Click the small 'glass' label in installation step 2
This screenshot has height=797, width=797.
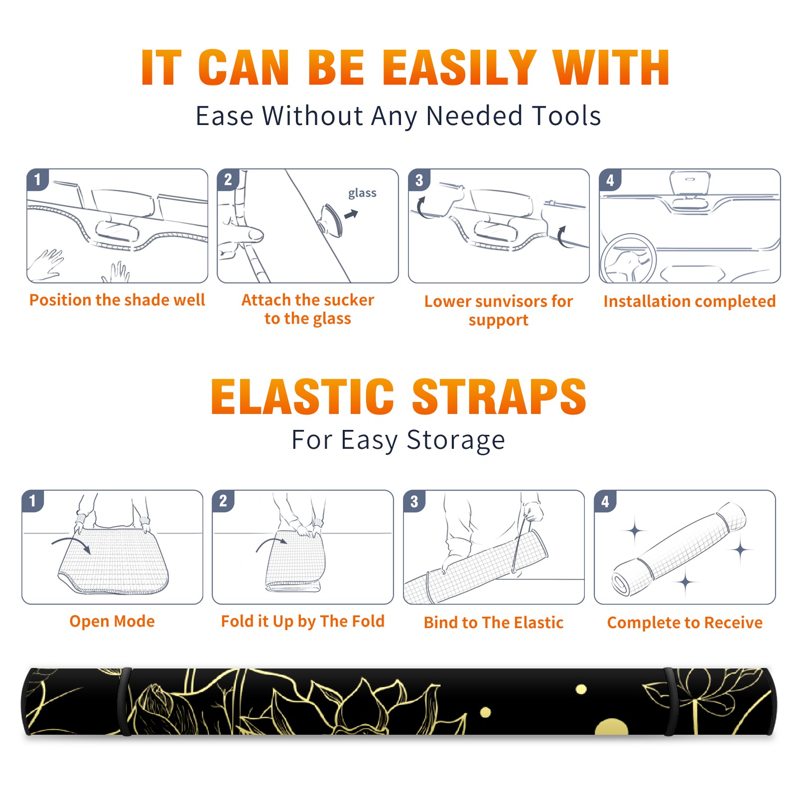[x=362, y=193]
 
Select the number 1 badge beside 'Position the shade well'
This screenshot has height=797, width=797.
[x=37, y=179]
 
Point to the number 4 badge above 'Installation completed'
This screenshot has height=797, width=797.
[x=610, y=180]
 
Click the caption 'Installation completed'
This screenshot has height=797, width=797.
[x=689, y=301]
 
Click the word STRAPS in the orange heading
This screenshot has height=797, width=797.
[x=499, y=397]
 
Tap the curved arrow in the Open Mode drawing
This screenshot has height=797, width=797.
[x=71, y=544]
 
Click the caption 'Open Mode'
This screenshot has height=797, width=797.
[x=112, y=621]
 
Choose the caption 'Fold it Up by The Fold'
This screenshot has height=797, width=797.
[x=303, y=621]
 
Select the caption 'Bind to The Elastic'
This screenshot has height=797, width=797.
[x=494, y=623]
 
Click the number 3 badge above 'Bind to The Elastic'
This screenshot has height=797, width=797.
[x=414, y=501]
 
